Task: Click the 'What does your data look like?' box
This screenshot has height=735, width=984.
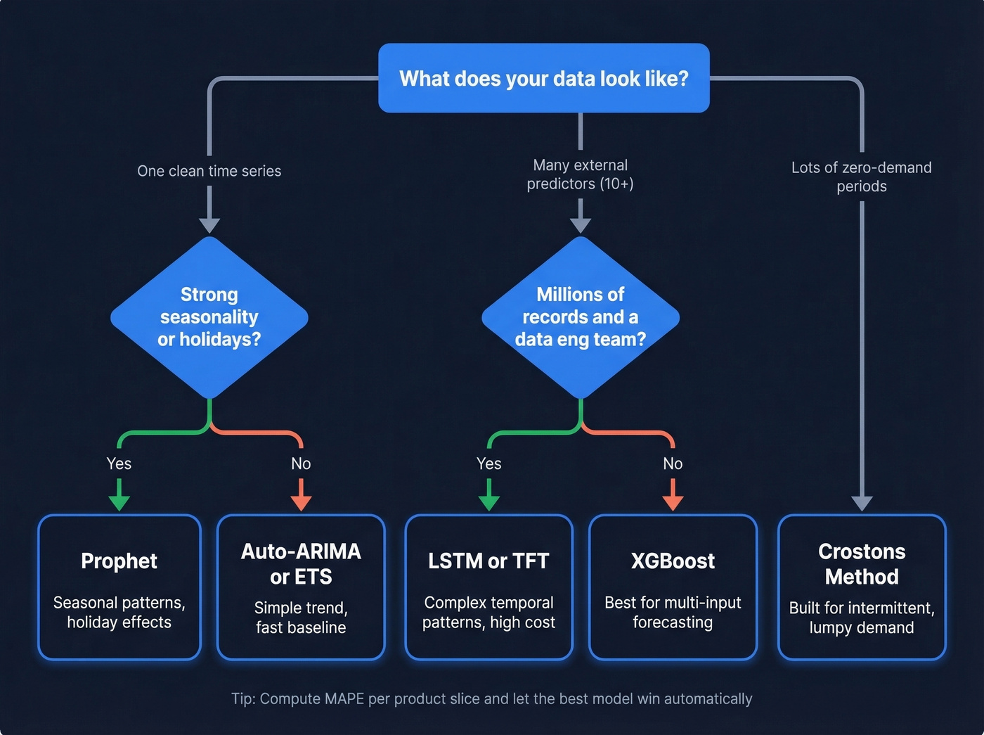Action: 543,78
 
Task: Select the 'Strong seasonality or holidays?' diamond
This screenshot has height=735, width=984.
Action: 209,317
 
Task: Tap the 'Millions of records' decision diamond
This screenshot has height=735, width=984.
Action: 580,317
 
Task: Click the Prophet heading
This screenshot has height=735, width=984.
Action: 119,561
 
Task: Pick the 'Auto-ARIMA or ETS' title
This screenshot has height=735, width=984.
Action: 301,564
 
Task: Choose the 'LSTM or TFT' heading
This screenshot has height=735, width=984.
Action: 488,561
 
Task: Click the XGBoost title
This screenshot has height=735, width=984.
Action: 673,561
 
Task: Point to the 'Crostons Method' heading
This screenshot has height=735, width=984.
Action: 862,564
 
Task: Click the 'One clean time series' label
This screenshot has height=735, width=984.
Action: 209,171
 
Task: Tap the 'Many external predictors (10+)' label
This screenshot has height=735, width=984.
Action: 580,174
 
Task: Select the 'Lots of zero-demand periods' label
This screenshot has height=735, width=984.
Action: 862,177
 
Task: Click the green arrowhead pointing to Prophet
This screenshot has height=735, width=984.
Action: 119,502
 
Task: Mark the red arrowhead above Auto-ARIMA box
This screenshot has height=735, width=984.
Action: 301,502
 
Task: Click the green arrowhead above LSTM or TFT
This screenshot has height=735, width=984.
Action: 488,502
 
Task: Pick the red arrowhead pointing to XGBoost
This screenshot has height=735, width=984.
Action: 673,502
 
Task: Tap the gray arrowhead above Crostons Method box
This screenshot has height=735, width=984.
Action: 862,503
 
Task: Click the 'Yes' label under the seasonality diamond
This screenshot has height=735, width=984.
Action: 119,464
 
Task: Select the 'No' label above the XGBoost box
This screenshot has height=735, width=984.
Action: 673,464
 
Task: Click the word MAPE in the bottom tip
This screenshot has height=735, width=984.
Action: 344,698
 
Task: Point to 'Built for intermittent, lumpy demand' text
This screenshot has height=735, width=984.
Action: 862,618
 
